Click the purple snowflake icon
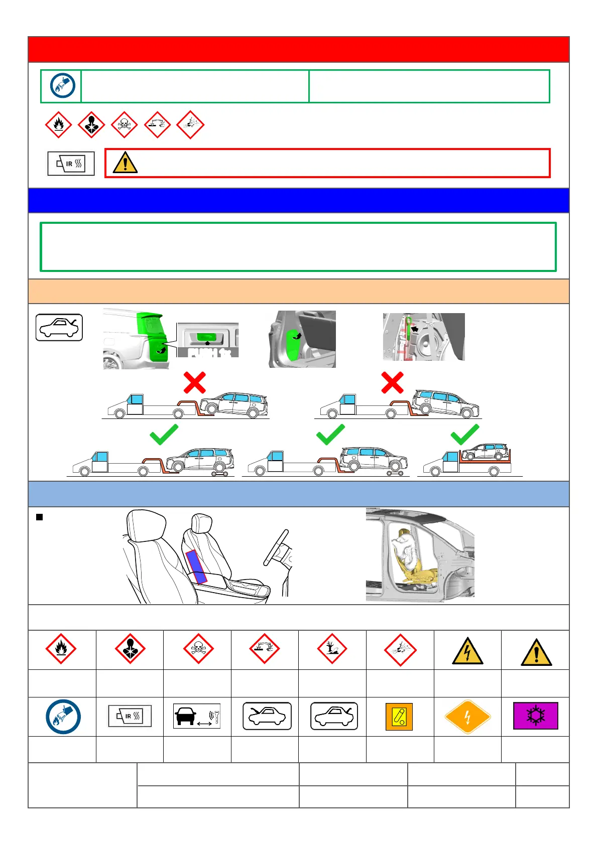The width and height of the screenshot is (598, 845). click(535, 716)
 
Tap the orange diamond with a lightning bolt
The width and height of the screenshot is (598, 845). click(467, 717)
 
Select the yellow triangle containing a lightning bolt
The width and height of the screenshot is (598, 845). click(467, 652)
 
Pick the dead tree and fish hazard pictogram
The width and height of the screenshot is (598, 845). click(332, 649)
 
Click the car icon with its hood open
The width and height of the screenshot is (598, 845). click(267, 716)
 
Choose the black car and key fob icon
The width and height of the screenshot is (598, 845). click(196, 716)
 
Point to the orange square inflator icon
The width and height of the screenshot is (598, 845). click(399, 717)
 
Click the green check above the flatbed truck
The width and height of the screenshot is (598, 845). click(465, 435)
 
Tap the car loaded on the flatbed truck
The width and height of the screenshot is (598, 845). click(485, 452)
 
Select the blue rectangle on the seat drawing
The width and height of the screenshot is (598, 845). click(196, 567)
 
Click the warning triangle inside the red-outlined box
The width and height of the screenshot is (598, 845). click(125, 163)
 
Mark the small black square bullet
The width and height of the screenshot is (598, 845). click(39, 517)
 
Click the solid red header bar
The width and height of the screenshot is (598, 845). click(298, 49)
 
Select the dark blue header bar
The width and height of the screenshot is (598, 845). click(298, 200)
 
